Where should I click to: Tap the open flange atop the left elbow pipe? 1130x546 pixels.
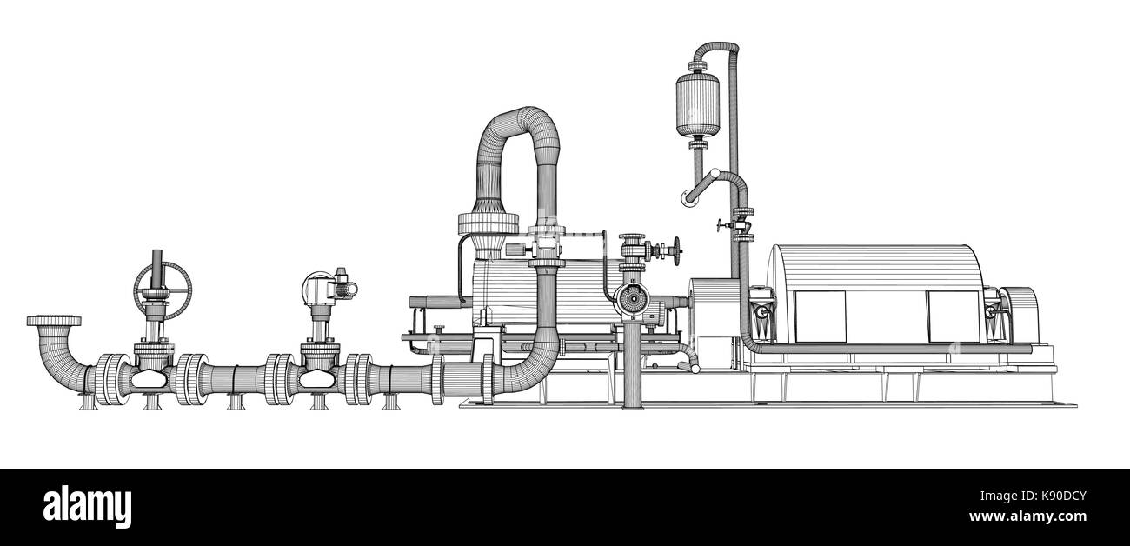(54, 322)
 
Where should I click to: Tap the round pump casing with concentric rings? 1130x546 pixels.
(629, 300)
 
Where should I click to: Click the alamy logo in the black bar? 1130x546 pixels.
(87, 507)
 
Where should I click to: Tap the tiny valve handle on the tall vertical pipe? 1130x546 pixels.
(721, 227)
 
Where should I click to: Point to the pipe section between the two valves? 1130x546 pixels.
(236, 380)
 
